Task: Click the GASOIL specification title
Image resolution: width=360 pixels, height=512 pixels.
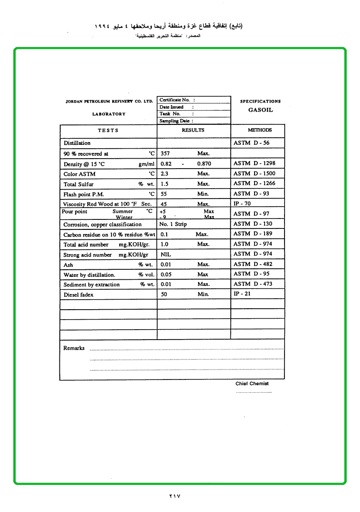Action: tap(260, 110)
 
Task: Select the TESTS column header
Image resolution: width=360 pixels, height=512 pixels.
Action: tap(108, 130)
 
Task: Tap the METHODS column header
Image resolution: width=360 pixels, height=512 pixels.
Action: tap(260, 130)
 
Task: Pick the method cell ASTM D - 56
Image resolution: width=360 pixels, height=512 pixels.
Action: tap(252, 142)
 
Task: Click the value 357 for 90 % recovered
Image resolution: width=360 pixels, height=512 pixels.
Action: tap(165, 153)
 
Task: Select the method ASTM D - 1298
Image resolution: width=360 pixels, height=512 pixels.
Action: tap(255, 163)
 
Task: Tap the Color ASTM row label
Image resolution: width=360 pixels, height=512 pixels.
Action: tap(79, 174)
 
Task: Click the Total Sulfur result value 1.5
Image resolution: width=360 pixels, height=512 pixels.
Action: tap(165, 183)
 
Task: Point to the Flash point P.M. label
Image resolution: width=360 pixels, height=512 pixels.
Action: tap(84, 194)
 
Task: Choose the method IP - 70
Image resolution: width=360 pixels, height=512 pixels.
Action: tap(242, 203)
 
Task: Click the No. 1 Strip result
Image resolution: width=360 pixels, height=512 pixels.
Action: tap(173, 224)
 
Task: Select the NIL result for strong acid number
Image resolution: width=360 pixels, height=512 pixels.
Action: tap(166, 255)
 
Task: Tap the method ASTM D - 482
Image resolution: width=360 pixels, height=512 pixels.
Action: tap(253, 264)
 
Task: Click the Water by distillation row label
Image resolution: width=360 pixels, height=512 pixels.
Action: tap(89, 275)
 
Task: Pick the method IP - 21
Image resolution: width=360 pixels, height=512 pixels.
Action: tap(242, 294)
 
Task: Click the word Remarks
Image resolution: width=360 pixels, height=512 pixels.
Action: tap(74, 348)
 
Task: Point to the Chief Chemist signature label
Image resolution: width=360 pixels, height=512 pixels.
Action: tap(252, 383)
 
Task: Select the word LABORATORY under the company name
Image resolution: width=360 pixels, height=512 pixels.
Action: tap(109, 114)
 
